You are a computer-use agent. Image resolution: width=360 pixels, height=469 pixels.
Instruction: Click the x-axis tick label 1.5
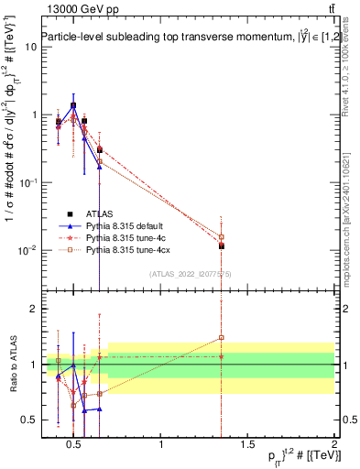click(x=247, y=444)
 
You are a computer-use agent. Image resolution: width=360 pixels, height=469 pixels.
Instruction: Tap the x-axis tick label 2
click(x=333, y=444)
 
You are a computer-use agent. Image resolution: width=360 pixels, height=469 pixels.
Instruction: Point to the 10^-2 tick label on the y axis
click(x=27, y=250)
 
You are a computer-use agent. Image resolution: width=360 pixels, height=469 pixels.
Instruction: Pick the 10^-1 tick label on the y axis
click(x=27, y=182)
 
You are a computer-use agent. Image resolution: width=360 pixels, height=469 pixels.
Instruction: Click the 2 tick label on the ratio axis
click(x=32, y=310)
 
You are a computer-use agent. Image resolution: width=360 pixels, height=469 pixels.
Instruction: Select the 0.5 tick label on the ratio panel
click(x=29, y=420)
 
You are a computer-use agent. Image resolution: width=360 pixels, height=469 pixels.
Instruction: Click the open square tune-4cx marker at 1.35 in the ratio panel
click(x=222, y=338)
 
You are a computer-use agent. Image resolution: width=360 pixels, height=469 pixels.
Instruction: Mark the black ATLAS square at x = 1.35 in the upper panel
click(x=222, y=245)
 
